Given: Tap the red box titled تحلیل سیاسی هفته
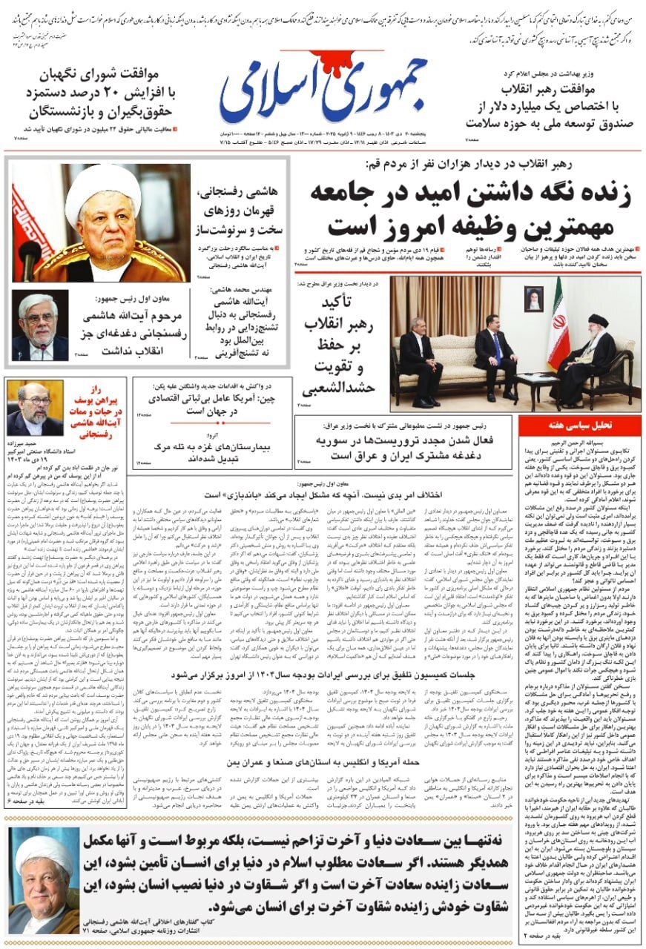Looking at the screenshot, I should (x=579, y=426).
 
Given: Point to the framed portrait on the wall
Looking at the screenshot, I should (x=533, y=298).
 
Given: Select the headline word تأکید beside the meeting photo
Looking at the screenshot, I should (x=342, y=303).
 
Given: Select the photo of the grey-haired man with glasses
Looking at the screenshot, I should (x=39, y=325).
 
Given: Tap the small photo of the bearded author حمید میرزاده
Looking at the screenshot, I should (x=34, y=409).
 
